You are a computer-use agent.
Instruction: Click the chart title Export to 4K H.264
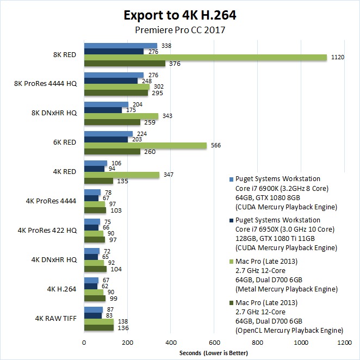179,15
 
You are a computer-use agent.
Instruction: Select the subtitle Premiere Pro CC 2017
179,30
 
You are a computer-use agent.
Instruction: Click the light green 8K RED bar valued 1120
205,58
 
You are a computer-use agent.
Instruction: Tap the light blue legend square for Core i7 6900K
232,179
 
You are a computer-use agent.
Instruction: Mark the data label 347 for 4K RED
168,175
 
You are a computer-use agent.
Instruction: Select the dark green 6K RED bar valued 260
112,152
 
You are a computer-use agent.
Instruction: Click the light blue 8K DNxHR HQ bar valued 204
106,104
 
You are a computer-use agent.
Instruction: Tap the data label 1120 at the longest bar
337,58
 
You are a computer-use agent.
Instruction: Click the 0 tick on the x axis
84,343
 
